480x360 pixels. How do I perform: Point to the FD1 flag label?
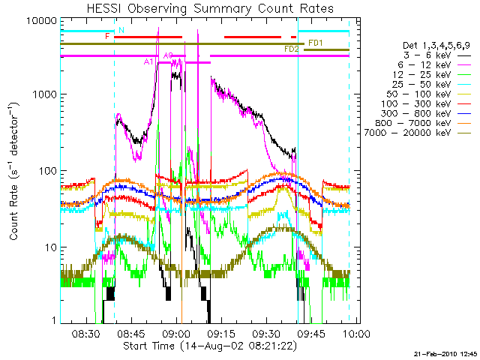[x=315, y=43]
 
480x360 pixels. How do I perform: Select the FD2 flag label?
[x=292, y=49]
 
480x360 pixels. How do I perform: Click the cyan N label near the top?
[x=121, y=30]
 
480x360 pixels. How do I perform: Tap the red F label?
[x=108, y=36]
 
